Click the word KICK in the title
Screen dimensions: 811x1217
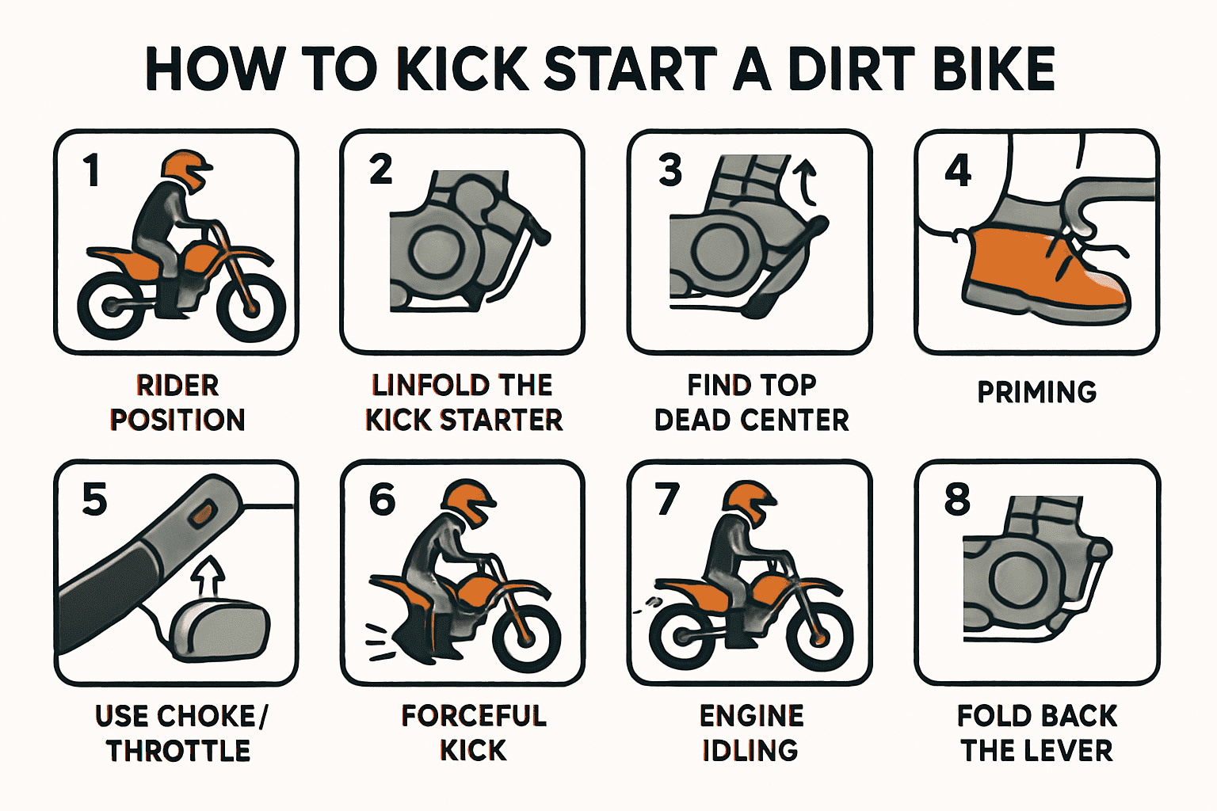(462, 69)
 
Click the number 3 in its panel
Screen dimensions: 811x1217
(670, 170)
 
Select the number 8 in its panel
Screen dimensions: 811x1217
(957, 500)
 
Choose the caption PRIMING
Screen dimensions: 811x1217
(1036, 392)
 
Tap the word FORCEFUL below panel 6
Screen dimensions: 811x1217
(474, 716)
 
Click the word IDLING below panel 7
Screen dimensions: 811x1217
(750, 750)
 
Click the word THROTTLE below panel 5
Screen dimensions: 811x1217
(178, 750)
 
